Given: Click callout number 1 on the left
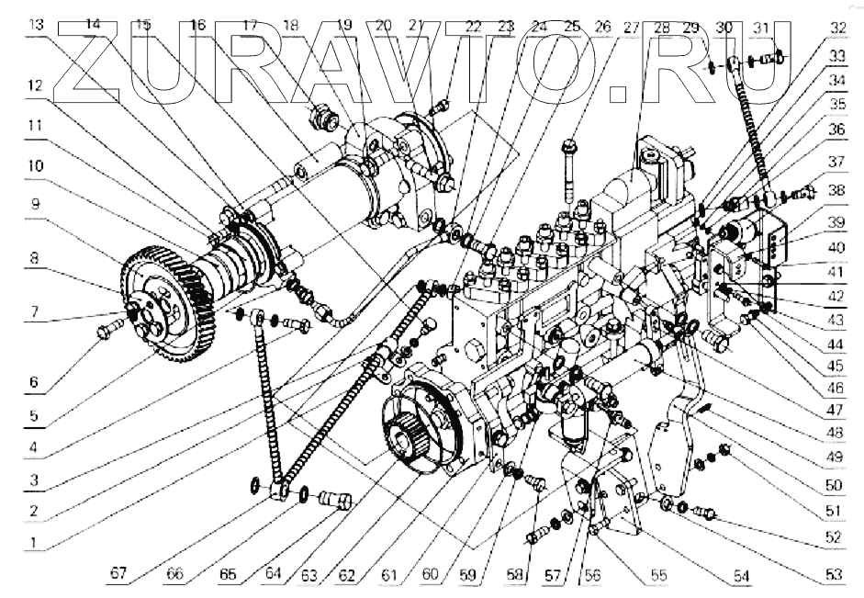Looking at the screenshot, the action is pyautogui.click(x=34, y=541).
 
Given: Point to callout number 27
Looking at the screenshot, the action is pyautogui.click(x=631, y=27).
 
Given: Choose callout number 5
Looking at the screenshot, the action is pyautogui.click(x=34, y=415).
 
